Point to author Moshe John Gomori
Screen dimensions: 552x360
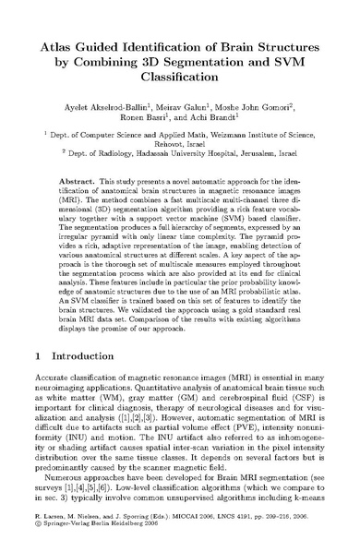268,99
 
